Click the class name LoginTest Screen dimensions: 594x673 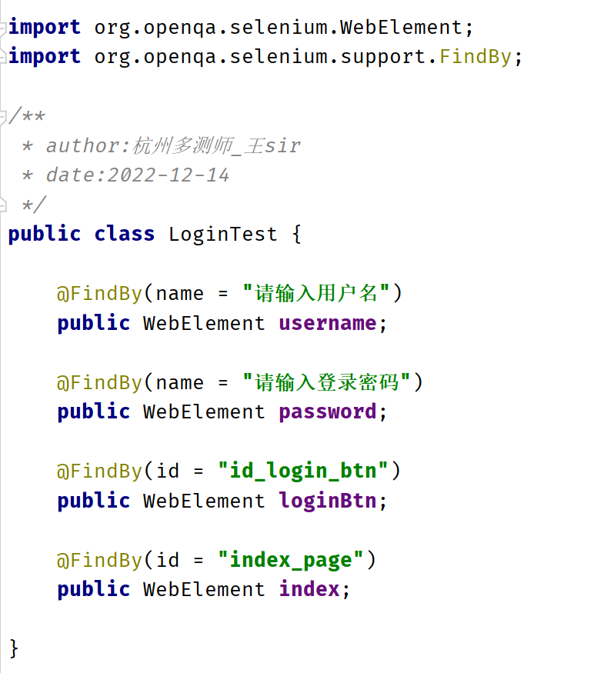[222, 234]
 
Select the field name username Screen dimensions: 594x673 [327, 323]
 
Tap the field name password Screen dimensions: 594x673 [327, 411]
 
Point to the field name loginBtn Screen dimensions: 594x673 [327, 501]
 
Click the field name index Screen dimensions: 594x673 [309, 589]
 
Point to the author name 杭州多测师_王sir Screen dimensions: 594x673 [216, 145]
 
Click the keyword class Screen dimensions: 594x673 [125, 234]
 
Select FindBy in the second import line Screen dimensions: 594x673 [475, 57]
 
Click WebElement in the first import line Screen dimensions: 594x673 [402, 28]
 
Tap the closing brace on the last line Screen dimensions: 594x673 [14, 648]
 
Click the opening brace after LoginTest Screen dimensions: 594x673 [296, 234]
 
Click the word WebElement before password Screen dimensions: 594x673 [204, 411]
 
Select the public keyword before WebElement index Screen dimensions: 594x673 [93, 589]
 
